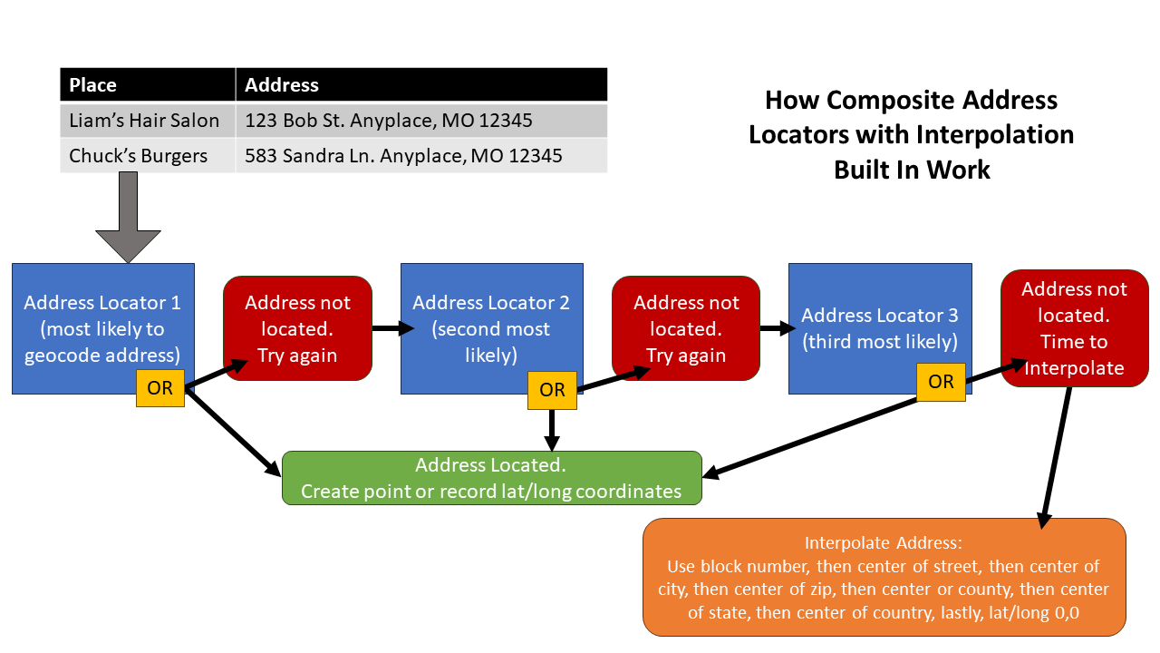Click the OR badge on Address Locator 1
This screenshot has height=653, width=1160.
click(x=160, y=388)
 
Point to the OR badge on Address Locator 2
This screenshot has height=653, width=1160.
click(x=552, y=390)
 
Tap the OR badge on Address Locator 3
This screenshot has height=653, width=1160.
click(x=941, y=382)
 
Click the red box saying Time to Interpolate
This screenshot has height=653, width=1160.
click(x=1074, y=328)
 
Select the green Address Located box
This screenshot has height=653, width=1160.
click(x=492, y=478)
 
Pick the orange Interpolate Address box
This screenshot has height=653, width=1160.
click(x=884, y=577)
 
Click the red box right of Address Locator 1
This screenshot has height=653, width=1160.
click(x=297, y=328)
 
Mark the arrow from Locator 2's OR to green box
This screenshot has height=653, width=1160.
click(x=552, y=429)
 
